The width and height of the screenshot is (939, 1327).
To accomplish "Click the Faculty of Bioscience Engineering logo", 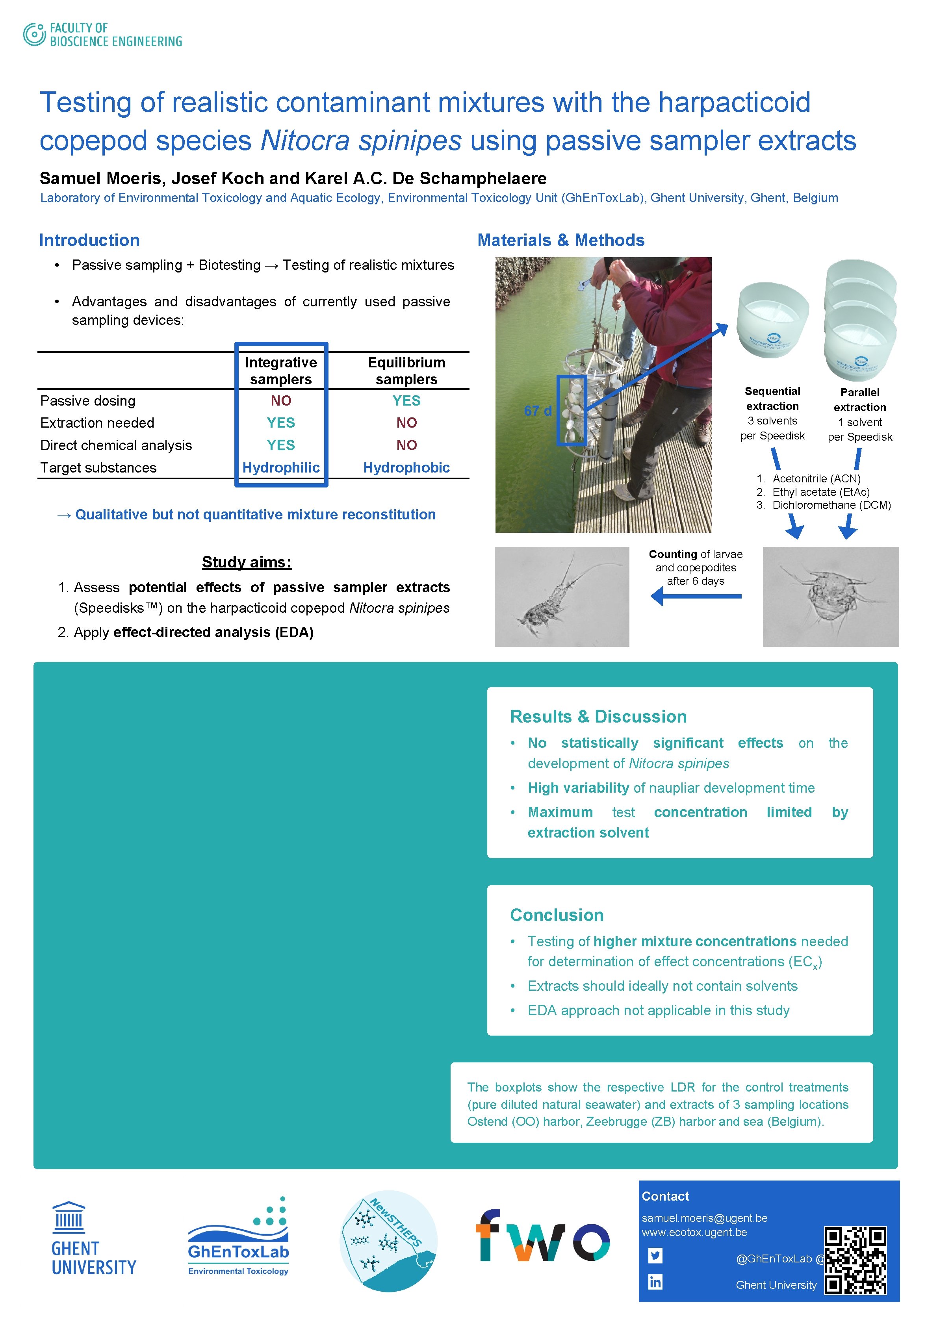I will (102, 35).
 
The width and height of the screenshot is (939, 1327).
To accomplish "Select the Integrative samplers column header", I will (281, 371).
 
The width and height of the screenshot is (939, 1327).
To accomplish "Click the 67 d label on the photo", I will (537, 411).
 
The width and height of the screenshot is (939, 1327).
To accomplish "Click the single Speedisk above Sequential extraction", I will (772, 320).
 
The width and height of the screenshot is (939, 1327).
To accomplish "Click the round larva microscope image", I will (830, 597).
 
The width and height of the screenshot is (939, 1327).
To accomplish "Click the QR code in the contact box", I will (855, 1260).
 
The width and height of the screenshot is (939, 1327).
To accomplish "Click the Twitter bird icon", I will (655, 1255).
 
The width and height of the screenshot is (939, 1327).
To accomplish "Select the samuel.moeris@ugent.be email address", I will (704, 1218).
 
